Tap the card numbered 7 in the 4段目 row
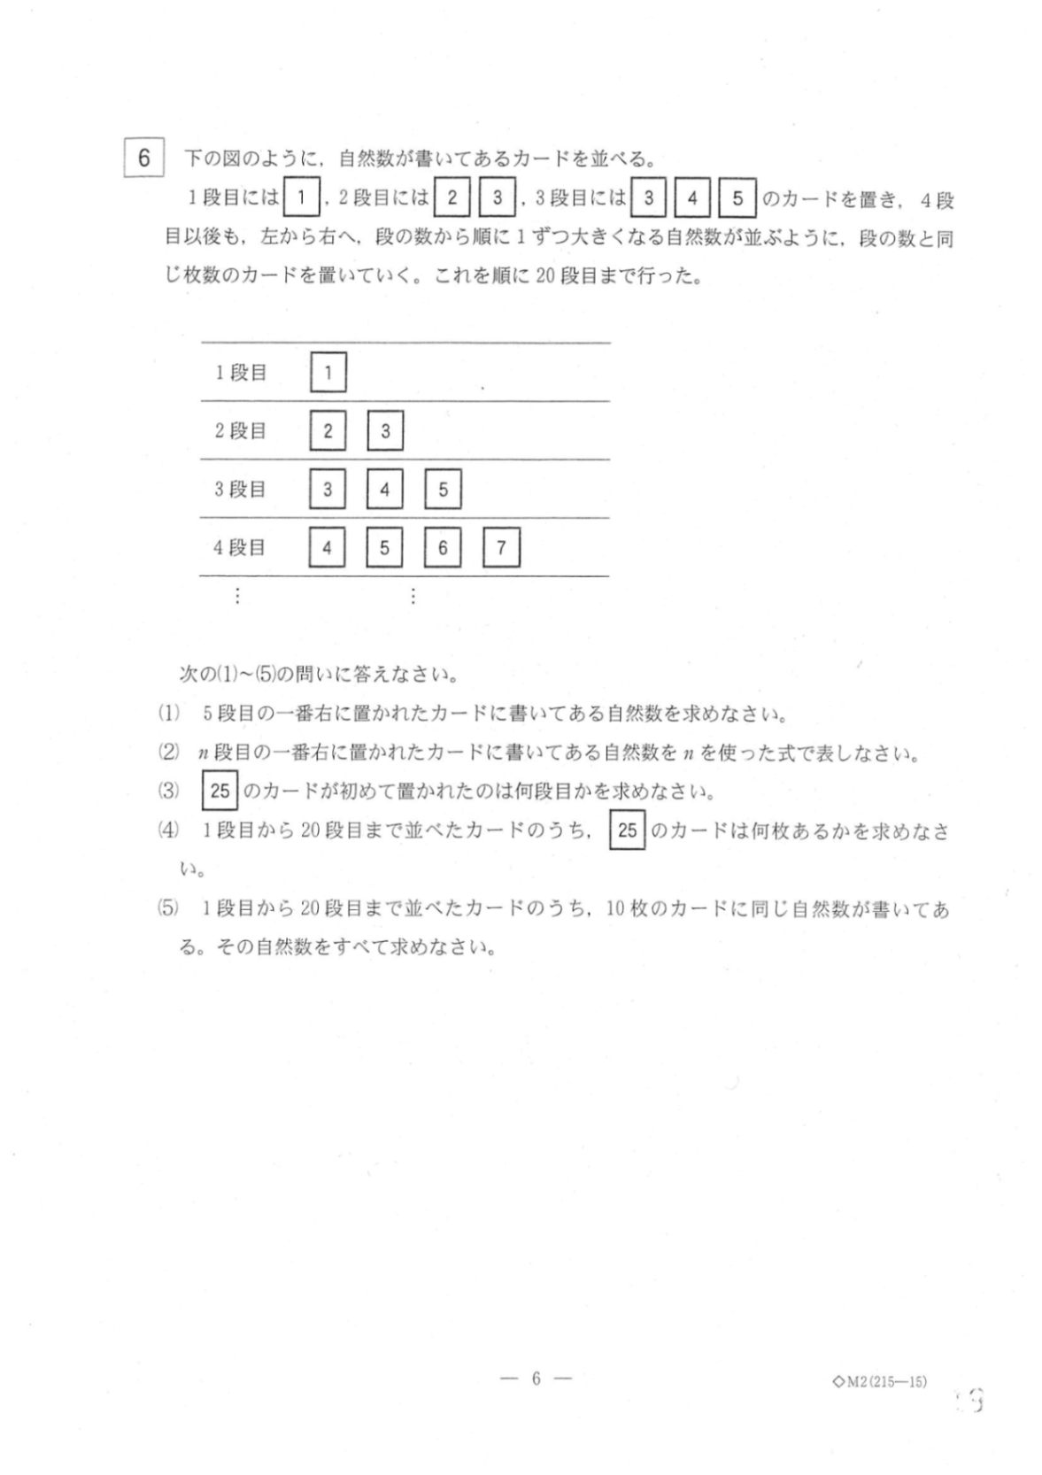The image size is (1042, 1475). click(x=501, y=548)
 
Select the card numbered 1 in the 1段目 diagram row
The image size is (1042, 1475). click(x=328, y=373)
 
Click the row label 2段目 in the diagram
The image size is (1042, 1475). click(x=240, y=431)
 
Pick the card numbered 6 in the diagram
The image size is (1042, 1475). click(x=443, y=548)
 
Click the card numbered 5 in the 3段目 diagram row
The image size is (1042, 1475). click(x=443, y=490)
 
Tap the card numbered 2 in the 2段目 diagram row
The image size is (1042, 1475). click(x=328, y=431)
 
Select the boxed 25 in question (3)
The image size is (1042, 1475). click(x=220, y=791)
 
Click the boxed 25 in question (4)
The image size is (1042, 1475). click(x=628, y=830)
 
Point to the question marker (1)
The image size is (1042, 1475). click(x=168, y=714)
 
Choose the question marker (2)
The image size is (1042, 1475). click(x=168, y=753)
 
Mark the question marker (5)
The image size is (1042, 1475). click(x=168, y=908)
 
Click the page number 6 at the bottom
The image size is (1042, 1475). click(x=536, y=1378)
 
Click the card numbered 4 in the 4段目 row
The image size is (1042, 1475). click(x=327, y=548)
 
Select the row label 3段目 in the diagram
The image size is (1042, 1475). click(x=240, y=490)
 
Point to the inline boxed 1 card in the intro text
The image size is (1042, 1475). click(x=302, y=198)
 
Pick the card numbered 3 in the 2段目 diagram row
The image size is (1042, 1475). click(x=385, y=431)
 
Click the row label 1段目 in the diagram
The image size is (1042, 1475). click(x=241, y=373)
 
